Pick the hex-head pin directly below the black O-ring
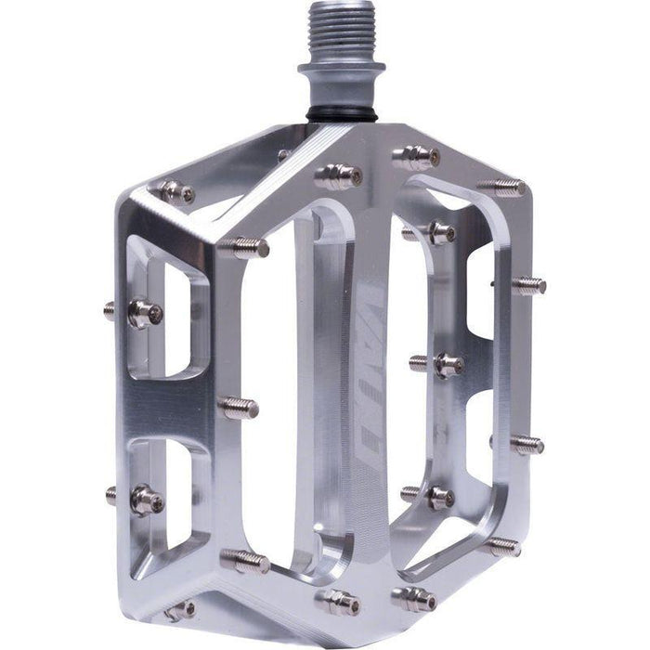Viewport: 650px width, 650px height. [339, 174]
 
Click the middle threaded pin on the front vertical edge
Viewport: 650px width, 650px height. [239, 406]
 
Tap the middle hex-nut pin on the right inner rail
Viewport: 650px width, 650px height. [444, 364]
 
